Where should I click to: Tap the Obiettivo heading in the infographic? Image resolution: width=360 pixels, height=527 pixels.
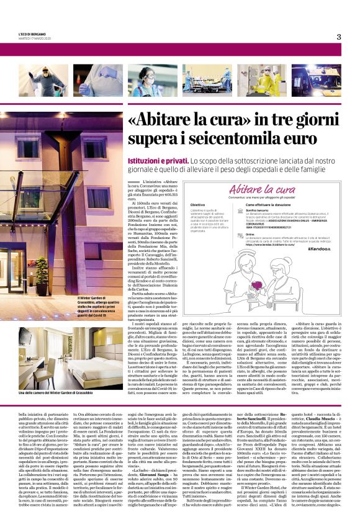[x=197, y=204]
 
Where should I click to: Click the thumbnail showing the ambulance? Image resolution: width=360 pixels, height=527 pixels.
[x=323, y=79]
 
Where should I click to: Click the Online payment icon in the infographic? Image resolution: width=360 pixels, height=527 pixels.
[x=241, y=235]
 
